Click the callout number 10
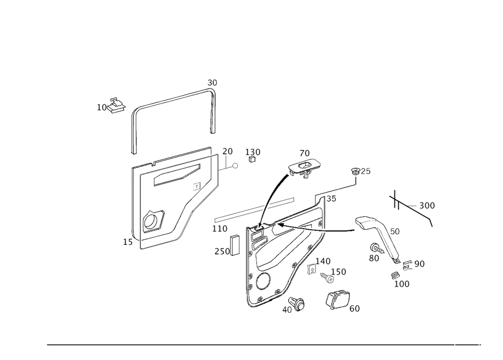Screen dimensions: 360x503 [x=102, y=107]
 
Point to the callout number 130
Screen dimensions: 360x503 [x=253, y=152]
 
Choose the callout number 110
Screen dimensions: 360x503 [x=219, y=228]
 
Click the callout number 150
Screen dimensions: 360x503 [x=341, y=272]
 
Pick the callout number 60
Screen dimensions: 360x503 [x=355, y=308]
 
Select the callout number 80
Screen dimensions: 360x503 [x=373, y=258]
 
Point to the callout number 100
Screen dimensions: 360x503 [x=402, y=284]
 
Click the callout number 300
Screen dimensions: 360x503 [x=427, y=206]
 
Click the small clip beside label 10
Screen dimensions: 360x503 [x=117, y=106]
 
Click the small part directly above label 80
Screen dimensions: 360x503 [x=375, y=248]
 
